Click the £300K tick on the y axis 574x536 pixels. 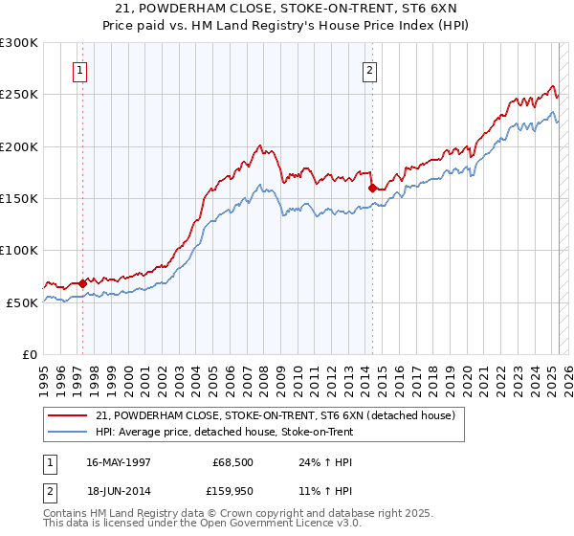tap(19, 43)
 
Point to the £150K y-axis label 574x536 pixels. tap(19, 198)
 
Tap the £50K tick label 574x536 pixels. tap(22, 301)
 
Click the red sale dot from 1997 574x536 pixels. tap(83, 282)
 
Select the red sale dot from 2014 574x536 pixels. tap(371, 189)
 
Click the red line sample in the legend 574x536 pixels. tap(69, 414)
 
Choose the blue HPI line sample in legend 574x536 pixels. tap(69, 432)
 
